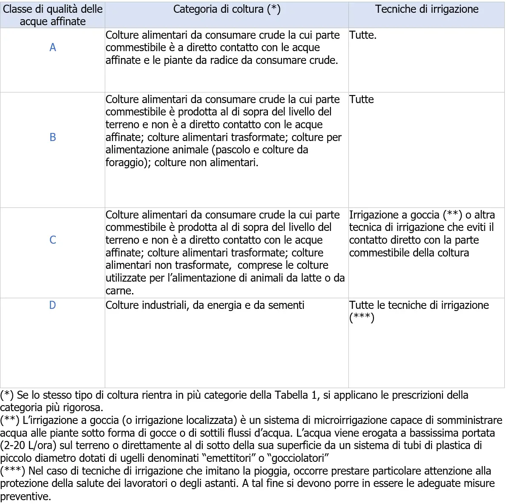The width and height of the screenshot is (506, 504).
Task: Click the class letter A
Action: tap(52, 47)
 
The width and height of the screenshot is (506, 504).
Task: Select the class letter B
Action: tap(52, 137)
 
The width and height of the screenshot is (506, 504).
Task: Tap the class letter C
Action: tap(52, 240)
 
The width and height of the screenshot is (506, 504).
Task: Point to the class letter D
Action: tap(52, 305)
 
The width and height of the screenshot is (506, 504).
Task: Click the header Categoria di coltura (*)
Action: tap(227, 9)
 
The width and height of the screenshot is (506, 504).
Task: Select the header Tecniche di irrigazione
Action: tap(426, 9)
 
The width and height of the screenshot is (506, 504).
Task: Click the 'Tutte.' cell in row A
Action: tap(363, 35)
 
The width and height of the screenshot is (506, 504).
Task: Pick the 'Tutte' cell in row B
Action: tap(362, 99)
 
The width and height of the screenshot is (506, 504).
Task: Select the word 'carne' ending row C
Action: tap(118, 291)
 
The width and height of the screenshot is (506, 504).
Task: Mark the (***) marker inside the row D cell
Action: tap(362, 318)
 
